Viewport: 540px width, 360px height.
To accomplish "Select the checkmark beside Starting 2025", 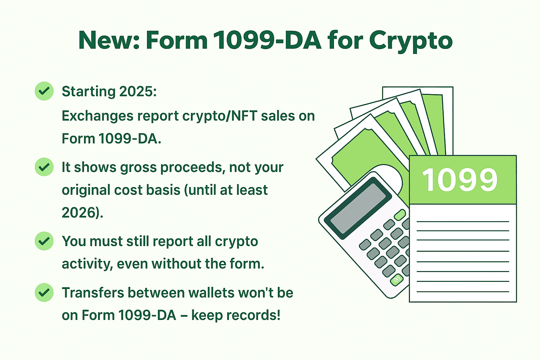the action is click(44, 91).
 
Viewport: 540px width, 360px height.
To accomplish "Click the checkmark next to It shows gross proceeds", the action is click(44, 167).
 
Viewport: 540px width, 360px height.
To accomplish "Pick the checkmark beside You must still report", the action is click(44, 241).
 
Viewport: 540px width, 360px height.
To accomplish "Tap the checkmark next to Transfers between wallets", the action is click(44, 292).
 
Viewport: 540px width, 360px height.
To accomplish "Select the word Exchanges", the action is click(97, 116).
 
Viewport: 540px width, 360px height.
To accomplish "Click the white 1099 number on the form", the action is click(460, 179).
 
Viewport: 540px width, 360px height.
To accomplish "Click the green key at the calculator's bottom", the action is click(397, 280).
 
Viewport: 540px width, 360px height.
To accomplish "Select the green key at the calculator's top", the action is click(400, 214).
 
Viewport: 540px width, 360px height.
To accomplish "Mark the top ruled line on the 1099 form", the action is click(463, 221).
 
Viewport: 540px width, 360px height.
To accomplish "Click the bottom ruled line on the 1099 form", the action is click(463, 292).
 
